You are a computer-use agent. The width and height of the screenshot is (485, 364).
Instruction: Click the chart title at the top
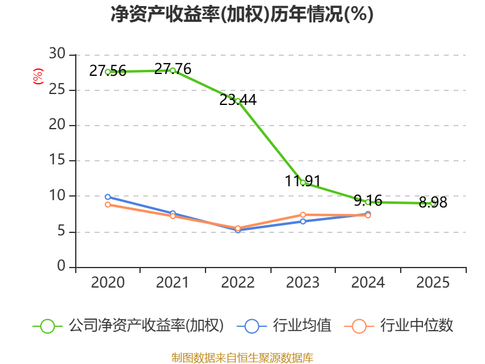tap(242, 14)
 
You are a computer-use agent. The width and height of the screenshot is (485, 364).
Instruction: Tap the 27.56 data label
tap(108, 71)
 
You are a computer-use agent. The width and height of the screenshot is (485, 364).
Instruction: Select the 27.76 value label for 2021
tap(173, 69)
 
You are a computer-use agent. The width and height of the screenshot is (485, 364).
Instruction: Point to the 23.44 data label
tap(238, 99)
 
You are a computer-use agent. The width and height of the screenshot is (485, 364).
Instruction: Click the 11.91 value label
tap(303, 181)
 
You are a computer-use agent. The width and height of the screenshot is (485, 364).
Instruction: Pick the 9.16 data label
tap(368, 201)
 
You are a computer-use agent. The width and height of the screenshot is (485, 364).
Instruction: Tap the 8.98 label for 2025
tap(433, 203)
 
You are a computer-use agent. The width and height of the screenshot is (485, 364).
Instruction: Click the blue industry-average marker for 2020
tap(108, 197)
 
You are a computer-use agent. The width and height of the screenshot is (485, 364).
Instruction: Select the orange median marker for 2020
tap(108, 204)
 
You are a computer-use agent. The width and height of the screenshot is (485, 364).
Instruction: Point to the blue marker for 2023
tap(303, 221)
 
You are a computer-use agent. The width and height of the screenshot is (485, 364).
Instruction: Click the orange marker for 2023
tap(303, 215)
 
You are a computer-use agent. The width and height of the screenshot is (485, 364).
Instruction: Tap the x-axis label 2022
tap(238, 283)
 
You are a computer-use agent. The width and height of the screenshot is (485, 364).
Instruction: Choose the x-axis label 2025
tap(433, 283)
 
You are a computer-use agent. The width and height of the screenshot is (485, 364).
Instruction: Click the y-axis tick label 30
tap(57, 54)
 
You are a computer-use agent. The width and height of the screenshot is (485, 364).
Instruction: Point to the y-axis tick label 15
tap(57, 160)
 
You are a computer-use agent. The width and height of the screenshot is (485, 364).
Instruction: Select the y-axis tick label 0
tap(61, 266)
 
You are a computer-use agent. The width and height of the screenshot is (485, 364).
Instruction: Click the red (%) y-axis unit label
tap(38, 76)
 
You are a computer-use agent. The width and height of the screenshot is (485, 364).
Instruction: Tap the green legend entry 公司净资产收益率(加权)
tap(128, 326)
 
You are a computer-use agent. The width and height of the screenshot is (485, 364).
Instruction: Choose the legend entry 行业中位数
tap(398, 326)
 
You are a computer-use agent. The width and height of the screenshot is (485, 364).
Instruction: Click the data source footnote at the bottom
tap(242, 358)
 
